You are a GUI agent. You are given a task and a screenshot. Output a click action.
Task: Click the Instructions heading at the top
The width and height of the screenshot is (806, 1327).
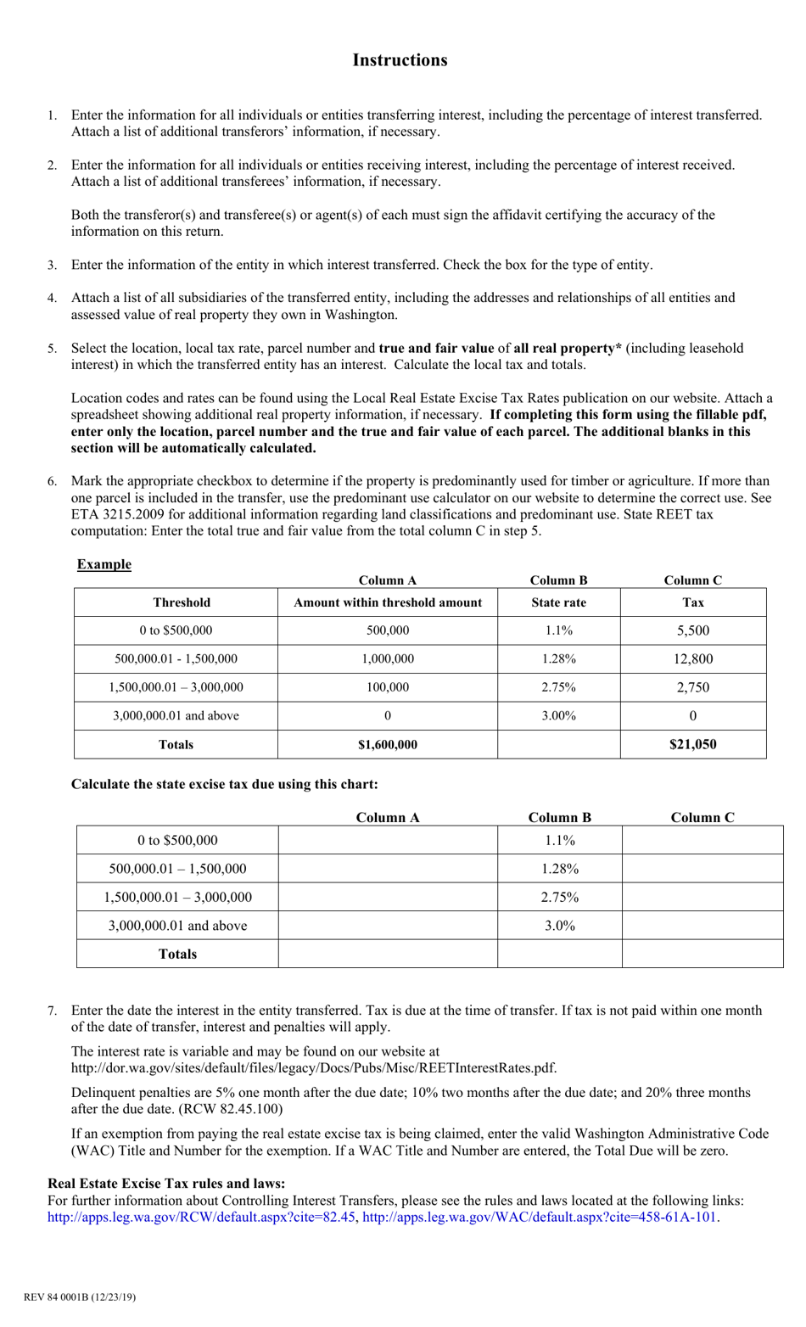tap(400, 60)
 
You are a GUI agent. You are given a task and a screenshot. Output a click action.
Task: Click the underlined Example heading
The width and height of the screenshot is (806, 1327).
tap(104, 564)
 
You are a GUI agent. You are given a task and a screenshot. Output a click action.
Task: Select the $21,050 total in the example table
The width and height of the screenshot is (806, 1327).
tap(692, 744)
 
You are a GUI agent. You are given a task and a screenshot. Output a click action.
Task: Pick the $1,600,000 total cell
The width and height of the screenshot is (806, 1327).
tap(387, 744)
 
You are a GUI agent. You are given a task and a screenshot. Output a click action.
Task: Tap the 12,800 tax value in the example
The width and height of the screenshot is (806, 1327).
tap(692, 658)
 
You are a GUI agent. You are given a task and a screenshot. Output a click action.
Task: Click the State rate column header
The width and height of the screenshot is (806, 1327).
tap(558, 602)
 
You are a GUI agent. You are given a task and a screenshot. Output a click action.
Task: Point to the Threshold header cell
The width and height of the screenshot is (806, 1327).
tap(181, 602)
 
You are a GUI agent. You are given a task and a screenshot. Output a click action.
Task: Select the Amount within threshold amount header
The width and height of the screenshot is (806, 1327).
tap(387, 602)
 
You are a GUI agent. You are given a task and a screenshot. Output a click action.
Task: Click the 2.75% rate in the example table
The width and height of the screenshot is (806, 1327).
tap(558, 687)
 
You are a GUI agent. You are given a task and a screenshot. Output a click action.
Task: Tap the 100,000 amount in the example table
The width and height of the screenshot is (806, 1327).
tap(387, 687)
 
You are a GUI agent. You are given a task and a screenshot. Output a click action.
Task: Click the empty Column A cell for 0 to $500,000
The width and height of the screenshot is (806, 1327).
tap(387, 840)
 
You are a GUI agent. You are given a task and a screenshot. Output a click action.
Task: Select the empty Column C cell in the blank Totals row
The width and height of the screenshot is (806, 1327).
tap(702, 954)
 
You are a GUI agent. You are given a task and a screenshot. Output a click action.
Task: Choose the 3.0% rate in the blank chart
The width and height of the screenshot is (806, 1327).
tap(559, 925)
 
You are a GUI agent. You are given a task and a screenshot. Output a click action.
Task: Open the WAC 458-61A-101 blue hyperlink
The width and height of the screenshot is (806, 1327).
tap(540, 1217)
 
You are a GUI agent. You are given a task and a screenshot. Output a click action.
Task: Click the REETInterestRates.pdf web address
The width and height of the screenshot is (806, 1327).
tap(314, 1067)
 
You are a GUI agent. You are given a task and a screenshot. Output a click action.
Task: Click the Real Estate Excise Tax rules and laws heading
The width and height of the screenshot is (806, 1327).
tap(166, 1184)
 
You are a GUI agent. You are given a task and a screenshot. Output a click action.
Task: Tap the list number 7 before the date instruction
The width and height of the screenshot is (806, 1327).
tap(52, 1011)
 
